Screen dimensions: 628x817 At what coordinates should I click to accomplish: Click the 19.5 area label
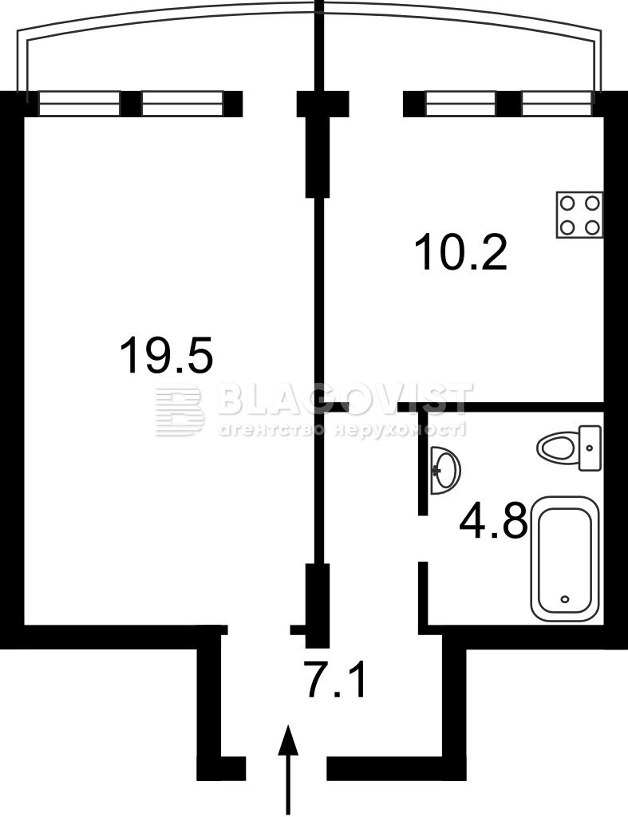point(167,355)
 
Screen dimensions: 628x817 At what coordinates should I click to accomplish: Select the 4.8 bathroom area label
point(493,519)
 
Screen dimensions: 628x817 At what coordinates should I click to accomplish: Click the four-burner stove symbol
point(580,215)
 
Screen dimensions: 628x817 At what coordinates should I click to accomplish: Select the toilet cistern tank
point(590,448)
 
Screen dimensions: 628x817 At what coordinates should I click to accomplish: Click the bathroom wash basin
point(445,471)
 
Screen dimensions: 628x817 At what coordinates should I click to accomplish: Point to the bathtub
point(565,558)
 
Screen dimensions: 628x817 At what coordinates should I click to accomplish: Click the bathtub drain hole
point(565,599)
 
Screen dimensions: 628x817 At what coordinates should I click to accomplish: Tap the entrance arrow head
point(288,740)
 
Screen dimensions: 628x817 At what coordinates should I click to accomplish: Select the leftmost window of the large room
point(79,103)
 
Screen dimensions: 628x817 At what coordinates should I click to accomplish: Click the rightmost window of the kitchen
point(557,103)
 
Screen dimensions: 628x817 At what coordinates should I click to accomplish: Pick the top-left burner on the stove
point(568,203)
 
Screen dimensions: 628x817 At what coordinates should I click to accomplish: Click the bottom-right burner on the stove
point(592,227)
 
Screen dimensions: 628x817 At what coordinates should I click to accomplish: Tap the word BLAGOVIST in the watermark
point(345,399)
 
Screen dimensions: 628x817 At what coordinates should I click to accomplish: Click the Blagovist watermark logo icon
point(179,410)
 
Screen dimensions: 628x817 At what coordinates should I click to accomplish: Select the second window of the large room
point(183,103)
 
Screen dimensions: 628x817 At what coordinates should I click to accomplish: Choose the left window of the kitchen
point(460,103)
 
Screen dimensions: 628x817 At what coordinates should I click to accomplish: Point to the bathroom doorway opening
point(423,539)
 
